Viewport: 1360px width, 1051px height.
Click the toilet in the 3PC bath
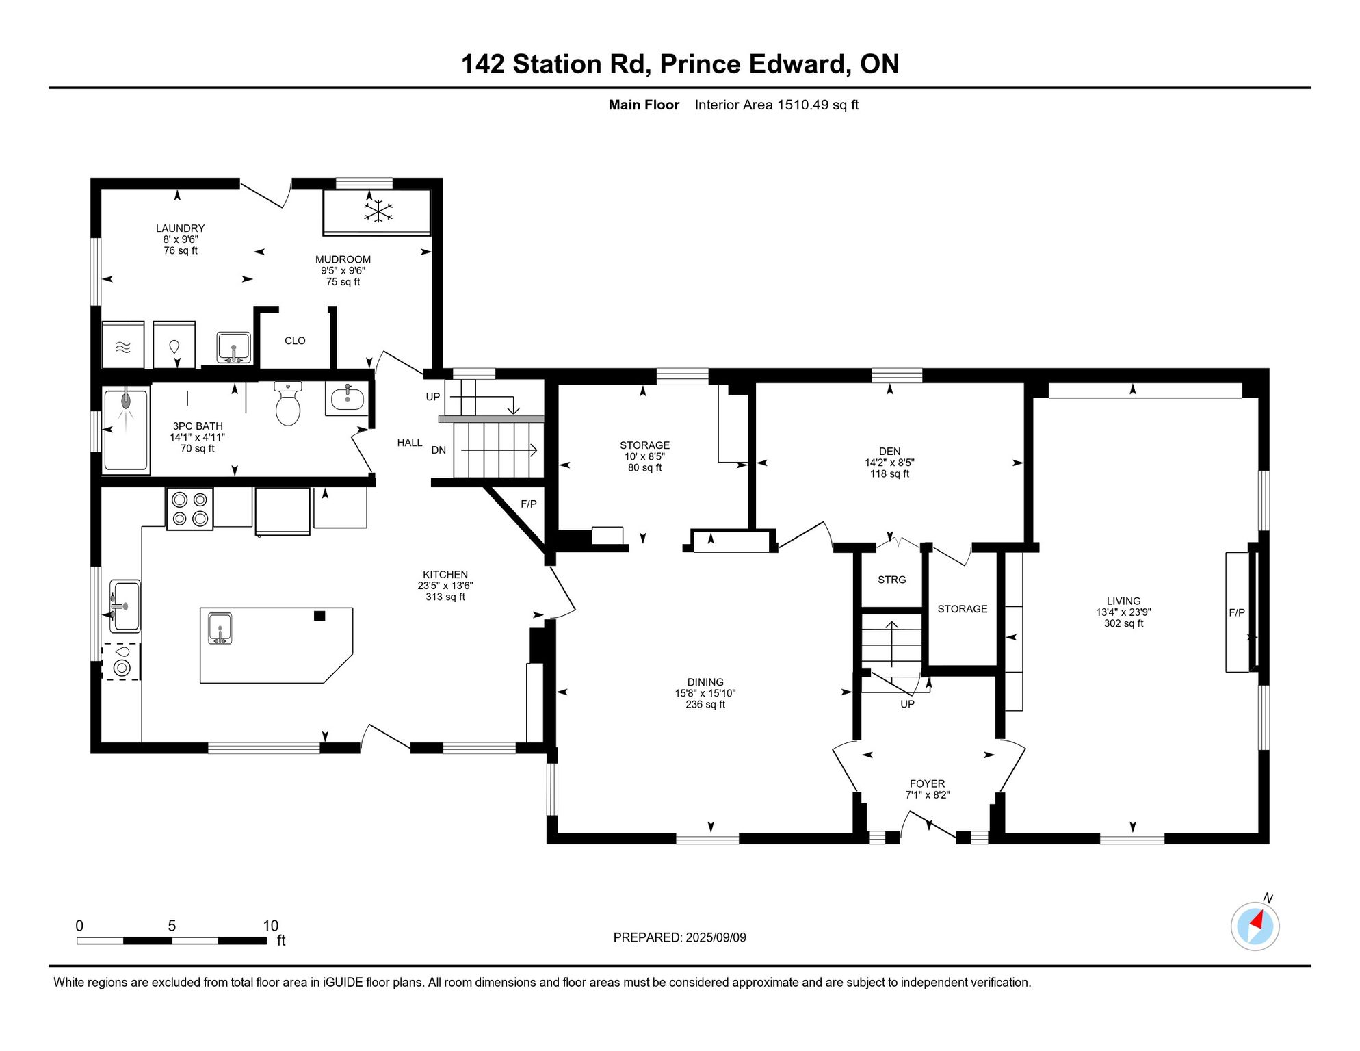pyautogui.click(x=288, y=404)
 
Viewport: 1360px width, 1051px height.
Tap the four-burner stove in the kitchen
pyautogui.click(x=190, y=509)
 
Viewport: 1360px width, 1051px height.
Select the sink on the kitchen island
pyautogui.click(x=220, y=628)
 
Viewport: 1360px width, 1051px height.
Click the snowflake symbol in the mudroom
pyautogui.click(x=378, y=211)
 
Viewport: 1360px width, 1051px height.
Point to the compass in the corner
pyautogui.click(x=1255, y=926)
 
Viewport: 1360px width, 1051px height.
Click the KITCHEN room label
pyautogui.click(x=445, y=575)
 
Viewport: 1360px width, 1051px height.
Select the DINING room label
pyautogui.click(x=705, y=682)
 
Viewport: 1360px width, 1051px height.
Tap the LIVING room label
pyautogui.click(x=1123, y=601)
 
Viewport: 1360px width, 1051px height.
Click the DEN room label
pyautogui.click(x=889, y=452)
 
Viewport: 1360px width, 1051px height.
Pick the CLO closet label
pyautogui.click(x=295, y=341)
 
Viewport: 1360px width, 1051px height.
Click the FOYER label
pyautogui.click(x=927, y=783)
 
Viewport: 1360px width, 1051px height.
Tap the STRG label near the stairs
pyautogui.click(x=892, y=580)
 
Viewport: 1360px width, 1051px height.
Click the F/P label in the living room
pyautogui.click(x=1237, y=612)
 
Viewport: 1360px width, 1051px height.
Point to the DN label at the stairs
pyautogui.click(x=439, y=450)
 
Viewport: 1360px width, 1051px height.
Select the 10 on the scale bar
pyautogui.click(x=271, y=926)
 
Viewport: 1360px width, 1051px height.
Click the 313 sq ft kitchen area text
pyautogui.click(x=445, y=597)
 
